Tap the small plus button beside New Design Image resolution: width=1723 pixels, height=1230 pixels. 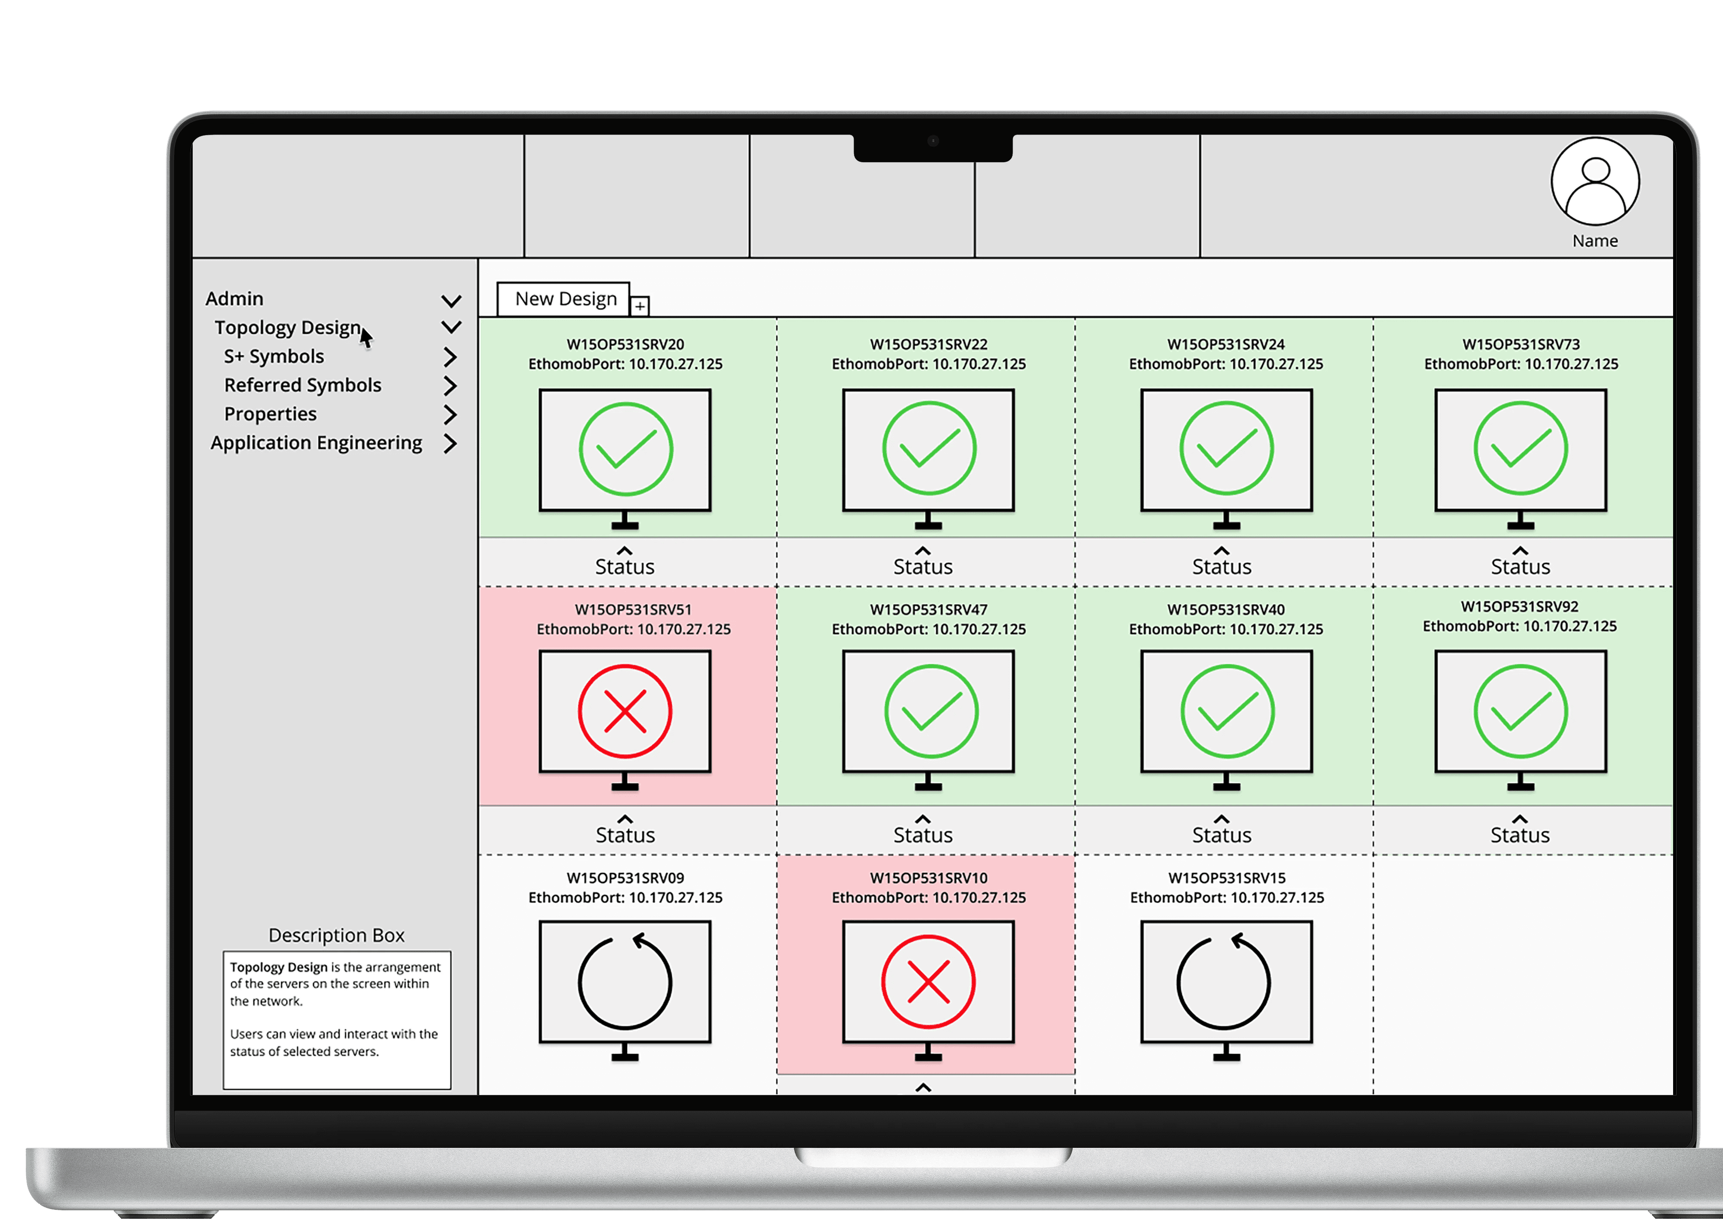640,306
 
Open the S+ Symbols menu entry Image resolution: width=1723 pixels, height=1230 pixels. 274,356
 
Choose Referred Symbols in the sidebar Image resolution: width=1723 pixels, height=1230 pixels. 302,385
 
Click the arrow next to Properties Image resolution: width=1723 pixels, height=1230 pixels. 450,414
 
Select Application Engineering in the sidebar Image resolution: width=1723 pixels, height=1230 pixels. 316,442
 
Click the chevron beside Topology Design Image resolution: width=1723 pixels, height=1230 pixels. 451,327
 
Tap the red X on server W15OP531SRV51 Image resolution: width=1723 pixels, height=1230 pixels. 625,711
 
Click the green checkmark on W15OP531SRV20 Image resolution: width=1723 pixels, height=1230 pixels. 625,449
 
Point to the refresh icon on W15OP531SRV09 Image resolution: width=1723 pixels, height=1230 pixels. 625,982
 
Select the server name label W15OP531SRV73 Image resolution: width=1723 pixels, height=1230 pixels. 1521,344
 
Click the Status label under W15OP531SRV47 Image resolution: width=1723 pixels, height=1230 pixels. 923,835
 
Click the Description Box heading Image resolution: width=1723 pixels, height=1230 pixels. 336,935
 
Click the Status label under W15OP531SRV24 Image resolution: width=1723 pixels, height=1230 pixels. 1221,566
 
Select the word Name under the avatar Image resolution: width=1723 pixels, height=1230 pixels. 1595,241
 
